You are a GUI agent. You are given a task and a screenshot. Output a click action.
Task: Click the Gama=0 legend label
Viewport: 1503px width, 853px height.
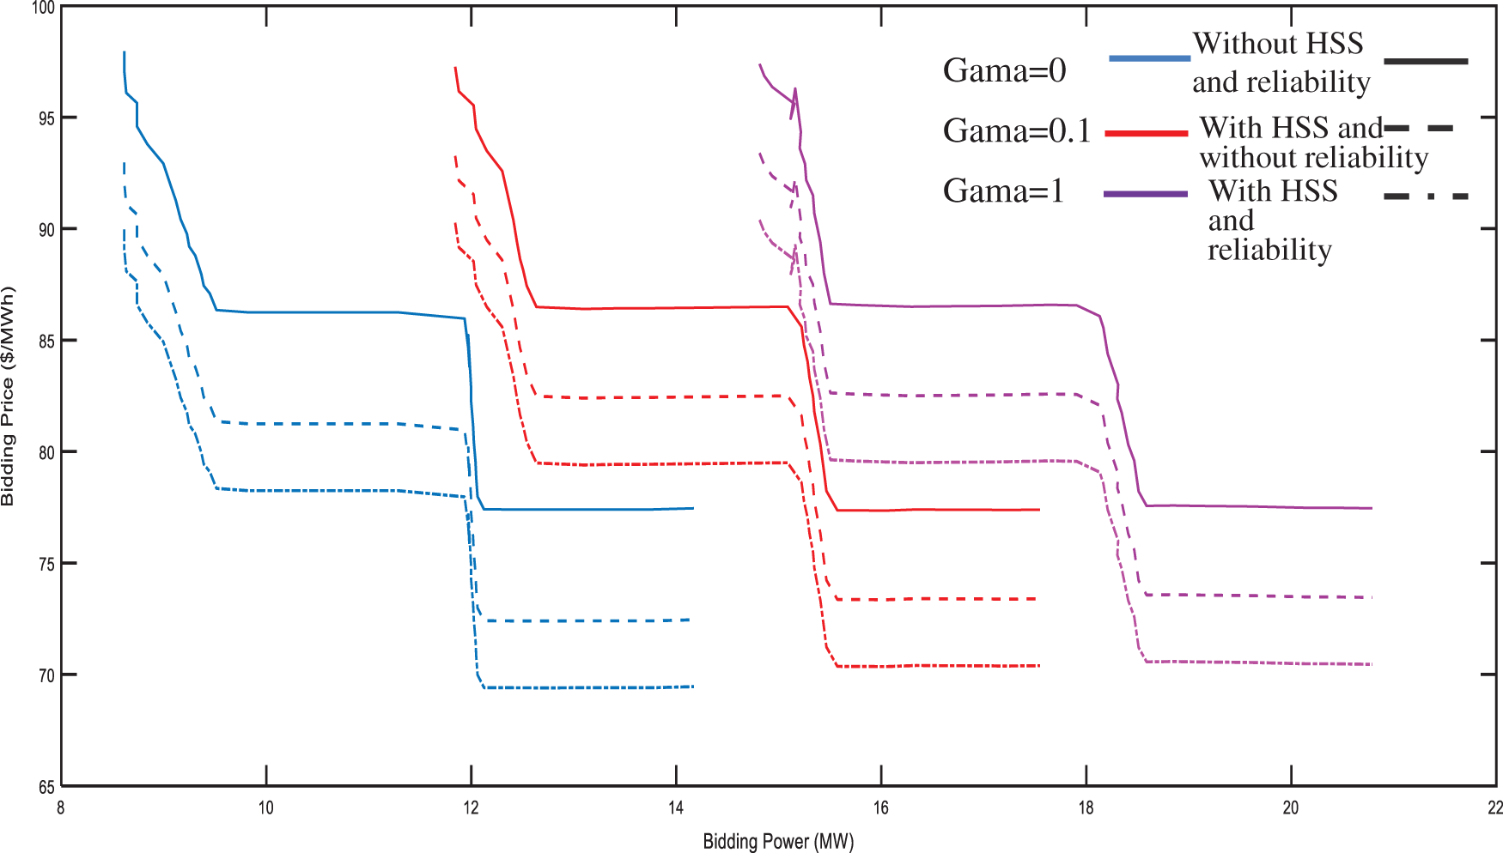[x=1004, y=70]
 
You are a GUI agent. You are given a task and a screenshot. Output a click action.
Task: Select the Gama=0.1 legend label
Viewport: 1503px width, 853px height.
[x=1016, y=131]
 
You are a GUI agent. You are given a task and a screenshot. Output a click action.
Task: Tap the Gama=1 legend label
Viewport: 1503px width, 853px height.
[x=1003, y=191]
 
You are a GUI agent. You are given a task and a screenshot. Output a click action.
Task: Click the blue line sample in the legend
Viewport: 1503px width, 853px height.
[x=1149, y=58]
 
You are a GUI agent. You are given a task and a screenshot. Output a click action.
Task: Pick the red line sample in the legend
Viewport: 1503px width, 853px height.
[x=1146, y=133]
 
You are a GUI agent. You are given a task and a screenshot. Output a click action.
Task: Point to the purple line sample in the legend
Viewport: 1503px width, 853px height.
[x=1146, y=194]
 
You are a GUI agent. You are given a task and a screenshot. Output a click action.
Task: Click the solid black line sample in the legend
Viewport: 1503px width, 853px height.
[x=1426, y=62]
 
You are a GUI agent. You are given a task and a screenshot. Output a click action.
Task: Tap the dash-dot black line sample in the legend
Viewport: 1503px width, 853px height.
[x=1426, y=197]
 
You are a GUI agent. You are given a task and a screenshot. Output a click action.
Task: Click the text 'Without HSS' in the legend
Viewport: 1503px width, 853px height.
[x=1277, y=44]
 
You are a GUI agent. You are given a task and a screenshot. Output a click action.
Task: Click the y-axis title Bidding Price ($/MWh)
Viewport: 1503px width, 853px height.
[x=9, y=396]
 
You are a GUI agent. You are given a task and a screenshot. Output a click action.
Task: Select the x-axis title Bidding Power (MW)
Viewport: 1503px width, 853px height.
[x=778, y=841]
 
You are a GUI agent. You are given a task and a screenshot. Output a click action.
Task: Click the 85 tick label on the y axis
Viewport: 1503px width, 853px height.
[x=46, y=342]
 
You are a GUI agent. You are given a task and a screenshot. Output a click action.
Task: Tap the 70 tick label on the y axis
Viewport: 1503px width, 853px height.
[x=46, y=675]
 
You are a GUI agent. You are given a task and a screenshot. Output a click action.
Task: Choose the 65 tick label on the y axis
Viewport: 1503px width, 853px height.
[x=46, y=787]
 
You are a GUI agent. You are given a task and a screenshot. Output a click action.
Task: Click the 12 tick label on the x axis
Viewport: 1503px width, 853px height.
[x=471, y=808]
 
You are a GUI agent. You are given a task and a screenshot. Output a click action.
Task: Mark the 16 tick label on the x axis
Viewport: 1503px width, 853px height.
[x=881, y=808]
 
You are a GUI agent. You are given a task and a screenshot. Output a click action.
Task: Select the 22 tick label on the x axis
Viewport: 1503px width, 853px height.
[x=1495, y=808]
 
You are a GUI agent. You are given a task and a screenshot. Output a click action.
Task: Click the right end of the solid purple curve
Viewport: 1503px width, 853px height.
[x=1371, y=508]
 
